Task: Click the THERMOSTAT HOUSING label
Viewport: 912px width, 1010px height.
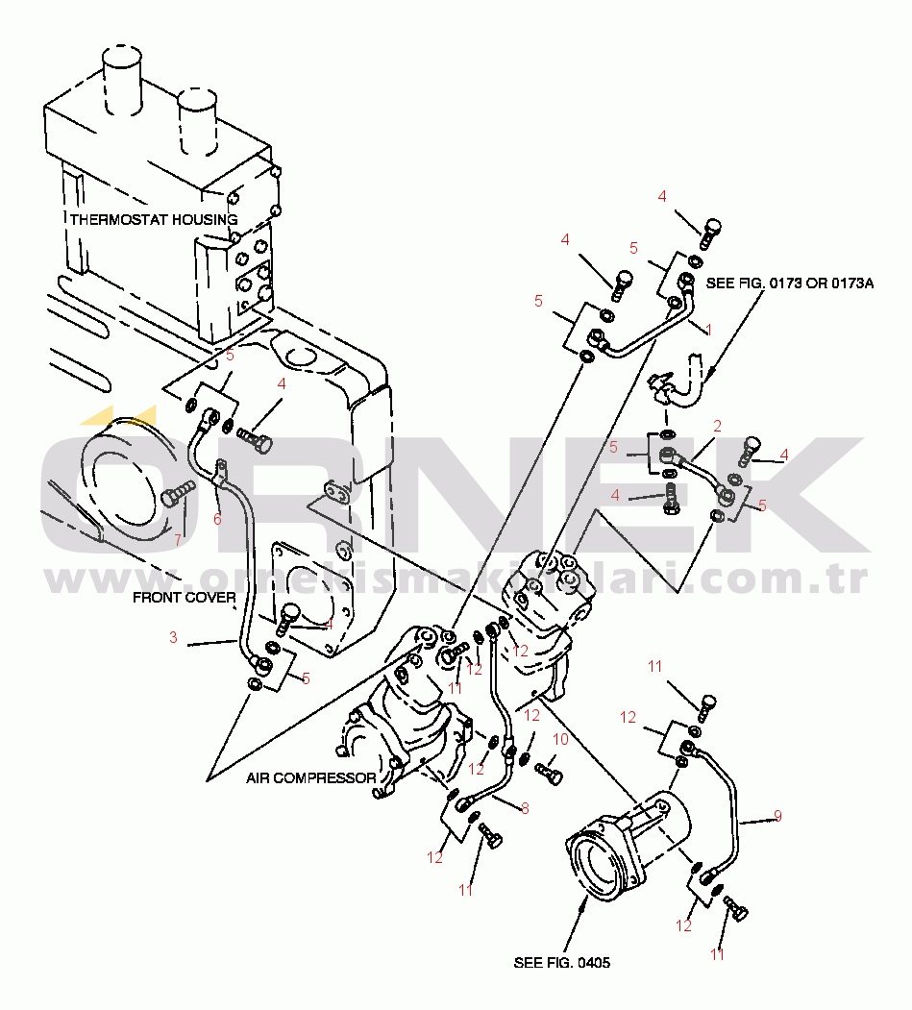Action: click(153, 220)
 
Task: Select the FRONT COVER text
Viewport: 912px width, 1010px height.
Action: click(184, 598)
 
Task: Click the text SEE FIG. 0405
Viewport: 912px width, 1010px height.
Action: click(562, 962)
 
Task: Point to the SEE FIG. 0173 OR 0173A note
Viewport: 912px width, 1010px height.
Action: click(790, 283)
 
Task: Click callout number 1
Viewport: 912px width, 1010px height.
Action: click(708, 330)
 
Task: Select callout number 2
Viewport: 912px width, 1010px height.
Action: click(717, 425)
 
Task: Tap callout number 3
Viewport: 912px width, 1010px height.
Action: click(173, 637)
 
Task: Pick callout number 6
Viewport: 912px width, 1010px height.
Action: click(217, 519)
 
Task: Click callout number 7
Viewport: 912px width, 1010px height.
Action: click(177, 540)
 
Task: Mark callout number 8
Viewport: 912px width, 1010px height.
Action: click(524, 808)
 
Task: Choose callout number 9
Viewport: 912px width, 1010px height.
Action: click(777, 816)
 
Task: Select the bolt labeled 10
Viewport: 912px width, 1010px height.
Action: click(550, 772)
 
